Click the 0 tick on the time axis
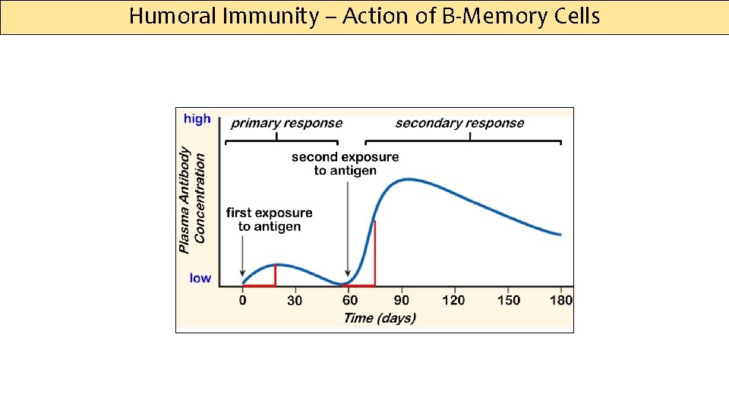(x=243, y=300)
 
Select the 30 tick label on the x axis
(x=295, y=300)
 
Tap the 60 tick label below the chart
(x=349, y=300)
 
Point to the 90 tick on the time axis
(x=402, y=300)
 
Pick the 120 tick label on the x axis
(x=453, y=300)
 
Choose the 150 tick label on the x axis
(x=509, y=300)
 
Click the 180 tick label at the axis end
(x=561, y=300)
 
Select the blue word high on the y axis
(x=197, y=119)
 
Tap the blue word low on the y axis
(x=200, y=279)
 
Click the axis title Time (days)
(x=380, y=318)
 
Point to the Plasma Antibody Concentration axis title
(x=192, y=200)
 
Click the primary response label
(x=286, y=123)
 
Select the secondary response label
(x=459, y=123)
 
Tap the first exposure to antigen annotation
(x=270, y=219)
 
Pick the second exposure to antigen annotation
(x=345, y=164)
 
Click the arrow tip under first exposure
(x=242, y=276)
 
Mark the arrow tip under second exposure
(x=348, y=276)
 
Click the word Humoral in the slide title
(x=173, y=17)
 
